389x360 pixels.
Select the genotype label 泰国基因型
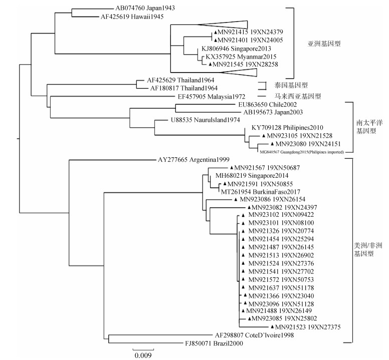[292, 85]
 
